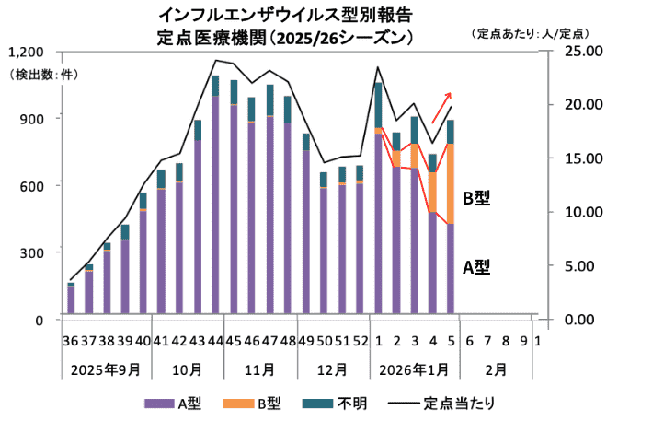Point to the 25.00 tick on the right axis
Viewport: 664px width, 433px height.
(x=583, y=50)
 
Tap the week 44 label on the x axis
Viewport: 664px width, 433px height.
(x=214, y=341)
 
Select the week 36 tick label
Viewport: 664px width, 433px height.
(x=71, y=341)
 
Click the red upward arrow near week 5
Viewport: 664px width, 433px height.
(x=441, y=106)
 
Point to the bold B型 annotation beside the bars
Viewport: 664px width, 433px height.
(x=475, y=198)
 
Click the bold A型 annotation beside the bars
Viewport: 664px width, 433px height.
(x=475, y=268)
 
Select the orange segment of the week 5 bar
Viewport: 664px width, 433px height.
(x=451, y=184)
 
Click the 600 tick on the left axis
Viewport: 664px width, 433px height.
(x=33, y=185)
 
